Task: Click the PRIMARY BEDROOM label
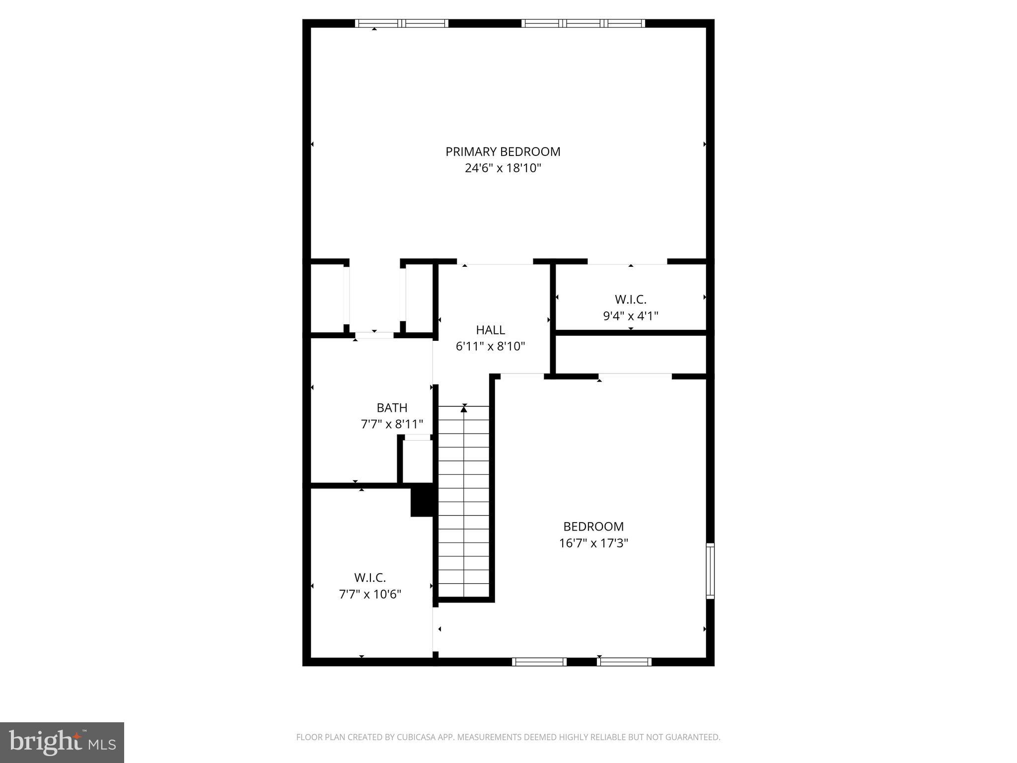click(x=503, y=152)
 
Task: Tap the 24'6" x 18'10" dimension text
click(x=503, y=168)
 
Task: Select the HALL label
click(x=490, y=330)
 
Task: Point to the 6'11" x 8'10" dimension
click(x=490, y=346)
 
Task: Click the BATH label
click(x=392, y=408)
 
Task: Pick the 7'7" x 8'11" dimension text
click(x=392, y=424)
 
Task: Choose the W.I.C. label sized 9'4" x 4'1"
click(x=630, y=300)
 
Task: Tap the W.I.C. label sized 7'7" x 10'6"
click(x=369, y=578)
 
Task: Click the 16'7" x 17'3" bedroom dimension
click(x=593, y=543)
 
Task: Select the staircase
click(x=464, y=502)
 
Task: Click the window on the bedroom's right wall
click(x=710, y=571)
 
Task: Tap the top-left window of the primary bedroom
click(x=402, y=23)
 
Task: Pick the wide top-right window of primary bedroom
click(x=583, y=23)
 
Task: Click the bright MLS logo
click(x=62, y=742)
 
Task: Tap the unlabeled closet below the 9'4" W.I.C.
click(x=630, y=354)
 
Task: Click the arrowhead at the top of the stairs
click(x=464, y=409)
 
